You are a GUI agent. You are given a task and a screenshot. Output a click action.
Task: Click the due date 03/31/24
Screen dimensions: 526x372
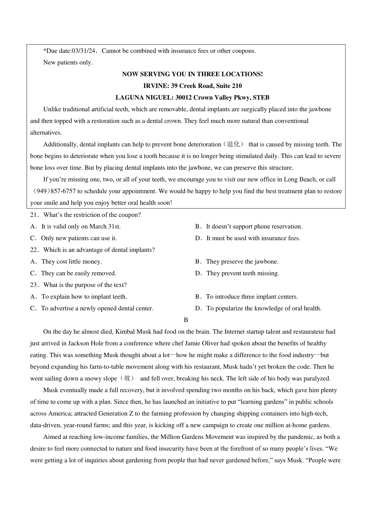click(x=85, y=51)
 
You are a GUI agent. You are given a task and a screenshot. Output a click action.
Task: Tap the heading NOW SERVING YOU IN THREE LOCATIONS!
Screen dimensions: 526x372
click(x=192, y=74)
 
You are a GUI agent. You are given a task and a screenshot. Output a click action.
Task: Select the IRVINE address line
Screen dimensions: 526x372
click(x=192, y=86)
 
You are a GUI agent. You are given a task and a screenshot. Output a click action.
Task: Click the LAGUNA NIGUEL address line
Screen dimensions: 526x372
click(x=192, y=98)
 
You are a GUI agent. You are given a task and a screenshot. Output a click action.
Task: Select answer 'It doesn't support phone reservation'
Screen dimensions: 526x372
click(x=254, y=227)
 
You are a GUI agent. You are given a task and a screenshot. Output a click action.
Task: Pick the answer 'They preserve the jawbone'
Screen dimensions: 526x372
click(x=242, y=262)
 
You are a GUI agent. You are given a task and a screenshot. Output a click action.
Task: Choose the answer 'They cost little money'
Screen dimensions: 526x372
click(x=71, y=262)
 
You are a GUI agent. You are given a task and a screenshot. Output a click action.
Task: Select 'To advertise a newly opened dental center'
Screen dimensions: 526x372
click(x=97, y=309)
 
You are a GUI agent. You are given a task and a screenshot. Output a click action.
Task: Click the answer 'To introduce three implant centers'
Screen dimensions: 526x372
click(x=252, y=297)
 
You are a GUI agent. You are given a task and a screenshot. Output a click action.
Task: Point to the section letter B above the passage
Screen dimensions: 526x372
click(x=186, y=320)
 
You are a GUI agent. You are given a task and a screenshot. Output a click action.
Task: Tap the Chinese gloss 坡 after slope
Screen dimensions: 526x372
click(x=127, y=379)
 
